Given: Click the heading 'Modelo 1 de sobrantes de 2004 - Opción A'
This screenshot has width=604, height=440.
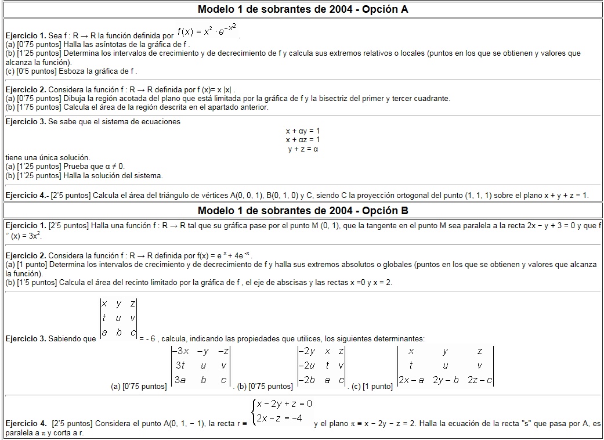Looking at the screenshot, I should tap(302, 9).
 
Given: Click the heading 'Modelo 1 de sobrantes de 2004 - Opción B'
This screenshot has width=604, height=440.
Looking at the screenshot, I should tap(302, 210).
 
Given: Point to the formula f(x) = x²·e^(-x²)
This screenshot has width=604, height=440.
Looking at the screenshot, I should tap(207, 30).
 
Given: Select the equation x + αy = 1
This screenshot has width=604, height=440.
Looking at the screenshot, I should tap(303, 131).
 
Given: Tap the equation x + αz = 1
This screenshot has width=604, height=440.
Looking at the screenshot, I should tap(303, 140).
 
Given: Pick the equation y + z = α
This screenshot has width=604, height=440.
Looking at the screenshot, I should tap(303, 149).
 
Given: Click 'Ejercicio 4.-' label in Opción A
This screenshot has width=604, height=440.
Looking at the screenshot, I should tap(27, 196).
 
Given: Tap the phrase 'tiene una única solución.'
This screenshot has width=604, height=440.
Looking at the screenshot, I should tap(48, 158).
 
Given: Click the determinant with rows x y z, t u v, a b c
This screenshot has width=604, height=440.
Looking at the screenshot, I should tap(118, 318).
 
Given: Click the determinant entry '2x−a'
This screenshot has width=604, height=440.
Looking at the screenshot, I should tap(411, 381).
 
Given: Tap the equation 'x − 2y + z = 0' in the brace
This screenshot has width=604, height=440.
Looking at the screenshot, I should tap(284, 404).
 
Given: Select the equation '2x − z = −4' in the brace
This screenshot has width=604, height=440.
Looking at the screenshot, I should tap(280, 418).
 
